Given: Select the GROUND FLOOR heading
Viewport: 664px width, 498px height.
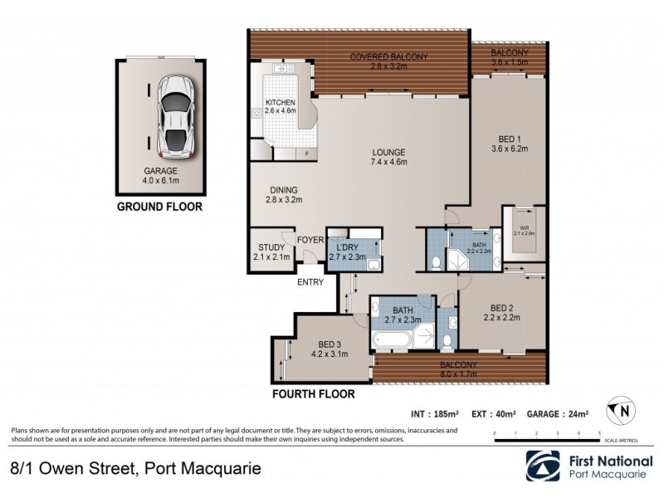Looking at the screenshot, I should coord(158,207).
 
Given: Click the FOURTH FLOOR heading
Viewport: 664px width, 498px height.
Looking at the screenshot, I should coord(314,394).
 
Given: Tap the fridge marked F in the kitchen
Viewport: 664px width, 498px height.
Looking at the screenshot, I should coord(307,154).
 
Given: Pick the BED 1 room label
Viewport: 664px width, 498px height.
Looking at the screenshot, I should coord(510,143).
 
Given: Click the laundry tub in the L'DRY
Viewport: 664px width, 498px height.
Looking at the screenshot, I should coord(373,265).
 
